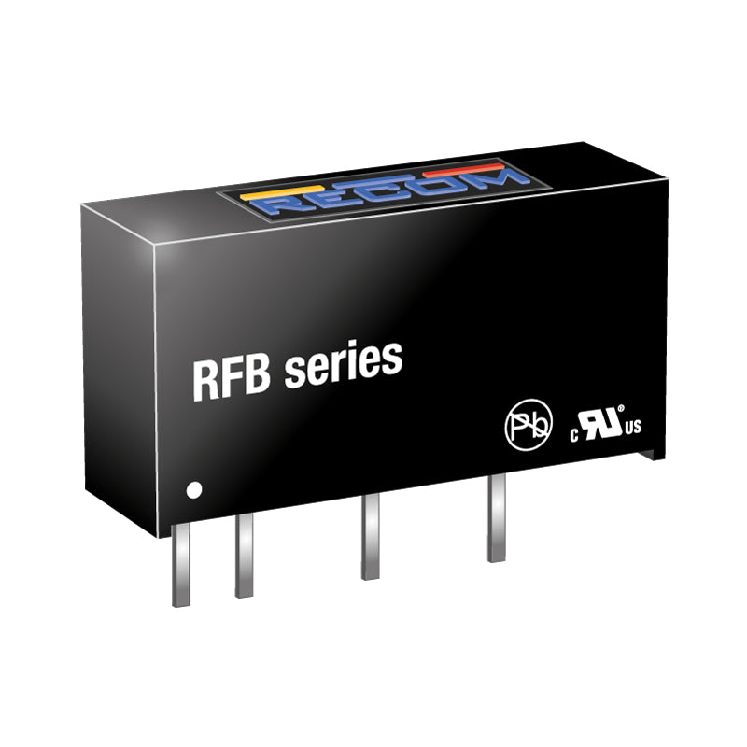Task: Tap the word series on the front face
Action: [x=343, y=363]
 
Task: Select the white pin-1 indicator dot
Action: [x=194, y=489]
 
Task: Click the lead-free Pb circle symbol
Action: [x=529, y=425]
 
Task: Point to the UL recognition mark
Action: [x=599, y=424]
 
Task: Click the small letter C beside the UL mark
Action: [x=574, y=435]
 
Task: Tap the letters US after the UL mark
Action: [x=633, y=427]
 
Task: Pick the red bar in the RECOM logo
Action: [x=463, y=171]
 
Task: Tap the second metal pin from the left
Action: [x=244, y=556]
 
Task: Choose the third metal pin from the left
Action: [x=370, y=537]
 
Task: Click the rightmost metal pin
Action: [x=496, y=518]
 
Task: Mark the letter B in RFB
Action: [x=259, y=375]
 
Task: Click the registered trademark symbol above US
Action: [x=621, y=408]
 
